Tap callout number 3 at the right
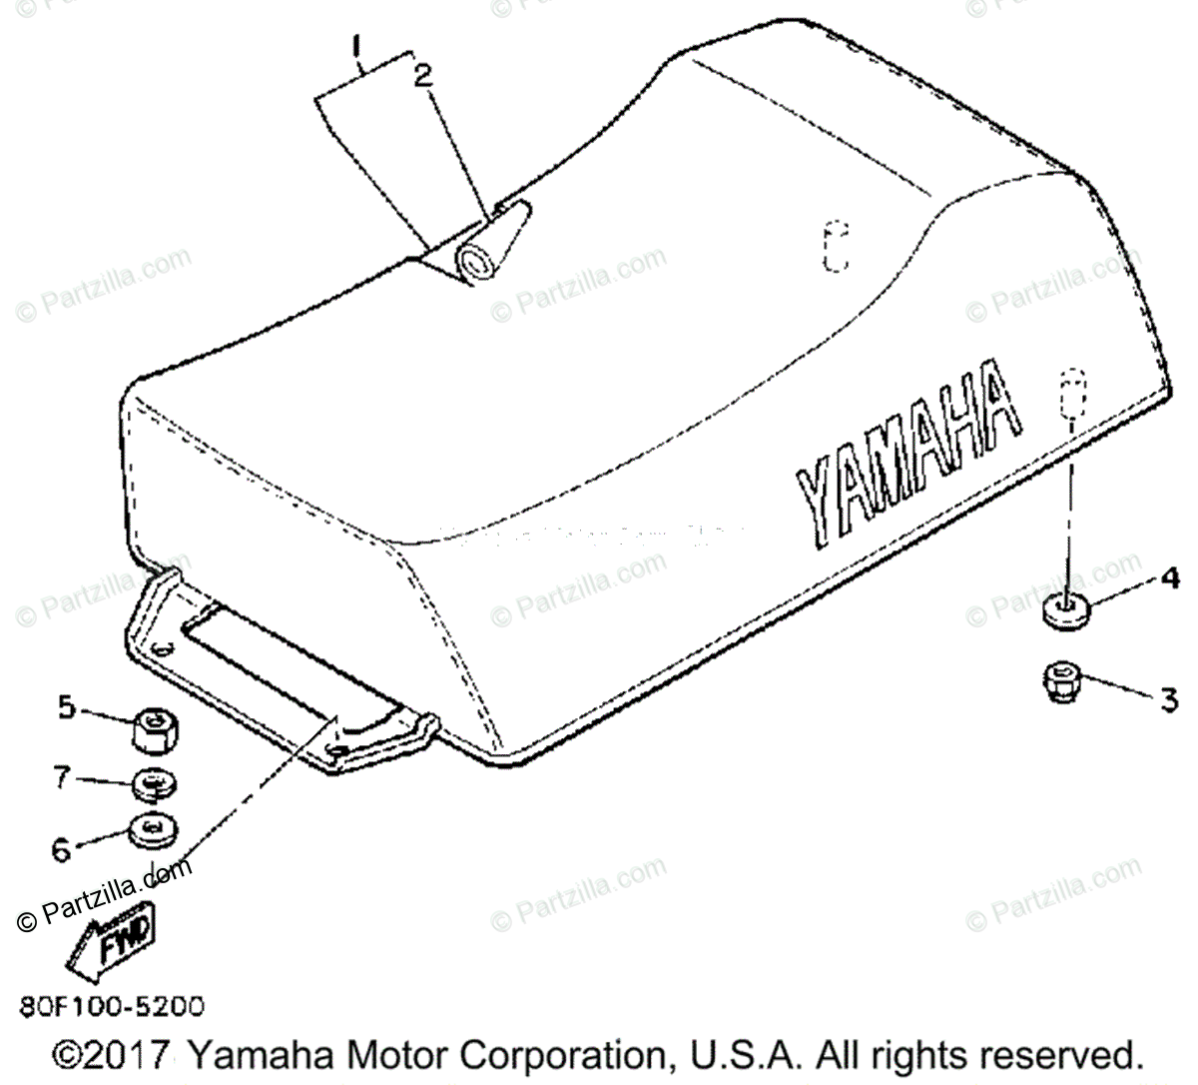pyautogui.click(x=1168, y=699)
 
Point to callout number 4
pyautogui.click(x=1169, y=577)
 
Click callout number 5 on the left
pyautogui.click(x=66, y=707)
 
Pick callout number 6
pyautogui.click(x=62, y=849)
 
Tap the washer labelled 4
pyautogui.click(x=1063, y=611)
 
